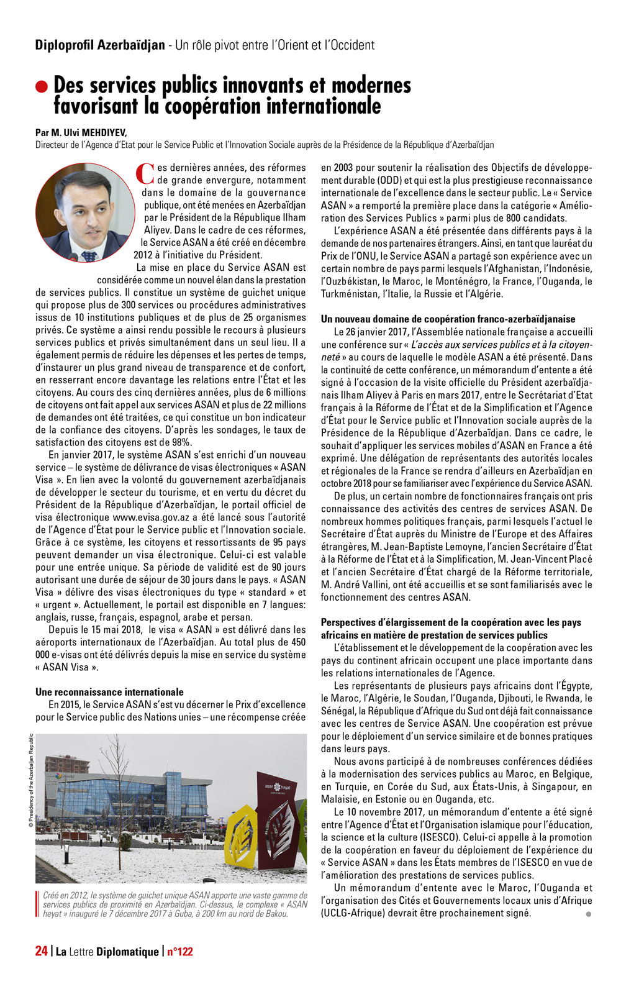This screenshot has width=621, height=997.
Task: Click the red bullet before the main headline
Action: (42, 86)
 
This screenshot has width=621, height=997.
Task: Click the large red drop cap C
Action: (144, 173)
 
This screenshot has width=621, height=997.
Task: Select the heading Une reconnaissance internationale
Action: (109, 692)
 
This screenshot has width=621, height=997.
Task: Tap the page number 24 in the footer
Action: (41, 951)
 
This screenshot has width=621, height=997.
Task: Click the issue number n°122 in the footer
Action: (180, 951)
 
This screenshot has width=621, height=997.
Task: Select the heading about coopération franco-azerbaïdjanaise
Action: (448, 319)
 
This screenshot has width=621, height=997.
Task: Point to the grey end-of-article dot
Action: (588, 914)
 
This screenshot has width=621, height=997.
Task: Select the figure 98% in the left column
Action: (181, 442)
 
